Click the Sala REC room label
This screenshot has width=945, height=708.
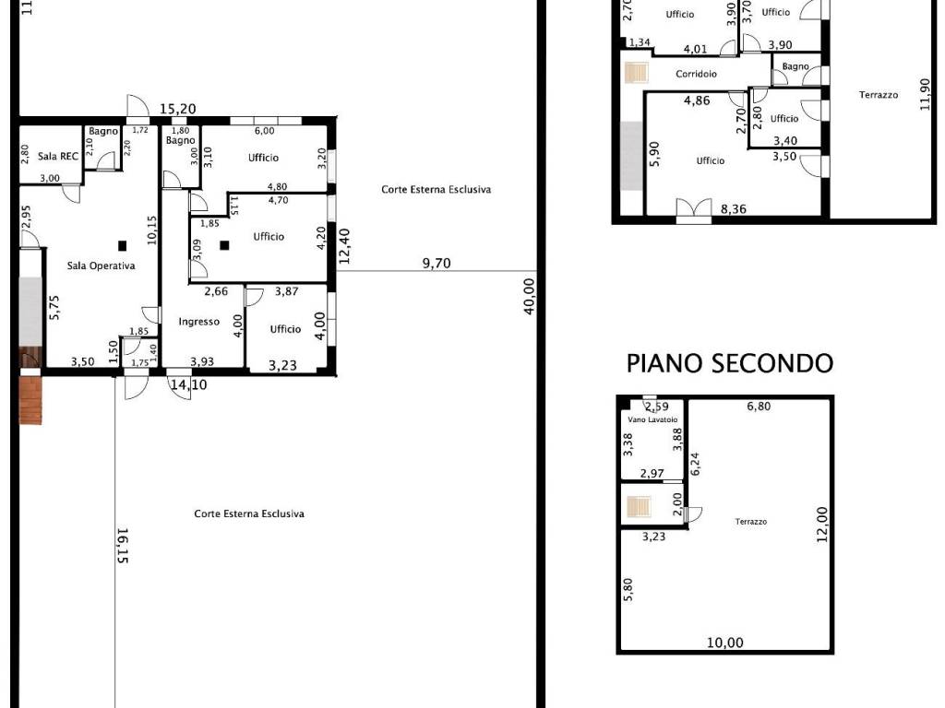(x=58, y=156)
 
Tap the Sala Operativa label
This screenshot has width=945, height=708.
(x=101, y=265)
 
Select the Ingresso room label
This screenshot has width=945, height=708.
(x=199, y=322)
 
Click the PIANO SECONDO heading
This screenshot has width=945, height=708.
(x=730, y=363)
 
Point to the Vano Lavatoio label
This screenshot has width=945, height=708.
(x=652, y=419)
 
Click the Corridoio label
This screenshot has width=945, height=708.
(x=696, y=74)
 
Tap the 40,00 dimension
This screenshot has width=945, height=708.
(x=529, y=296)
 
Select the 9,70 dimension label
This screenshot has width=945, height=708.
(x=437, y=263)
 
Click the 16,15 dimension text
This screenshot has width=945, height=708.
(x=122, y=546)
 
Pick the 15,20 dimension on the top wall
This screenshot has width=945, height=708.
(x=178, y=109)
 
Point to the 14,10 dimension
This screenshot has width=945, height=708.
(x=188, y=384)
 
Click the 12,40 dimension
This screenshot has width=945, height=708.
(x=344, y=246)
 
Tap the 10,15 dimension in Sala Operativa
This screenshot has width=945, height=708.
(x=152, y=230)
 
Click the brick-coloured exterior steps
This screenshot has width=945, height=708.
(x=30, y=400)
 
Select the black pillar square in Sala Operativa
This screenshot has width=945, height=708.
(x=123, y=245)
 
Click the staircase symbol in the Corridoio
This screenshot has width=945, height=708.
(x=636, y=73)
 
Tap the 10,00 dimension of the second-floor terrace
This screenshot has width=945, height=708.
(x=725, y=643)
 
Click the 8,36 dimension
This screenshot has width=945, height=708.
(x=734, y=209)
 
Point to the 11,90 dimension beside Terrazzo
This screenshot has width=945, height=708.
(x=925, y=95)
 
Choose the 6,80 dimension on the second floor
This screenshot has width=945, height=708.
(x=759, y=407)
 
